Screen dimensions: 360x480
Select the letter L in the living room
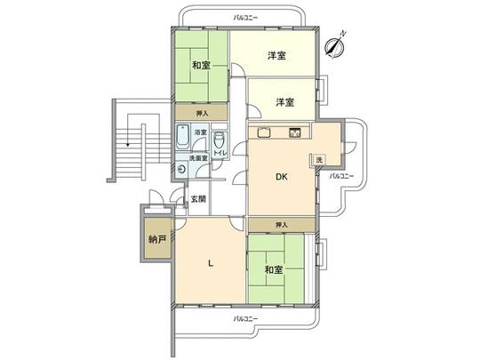coord(210,262)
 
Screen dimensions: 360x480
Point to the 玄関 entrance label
coord(198,200)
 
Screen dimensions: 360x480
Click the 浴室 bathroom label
coord(201,132)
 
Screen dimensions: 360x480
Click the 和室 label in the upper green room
coord(200,65)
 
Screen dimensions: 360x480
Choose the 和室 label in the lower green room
coord(274,268)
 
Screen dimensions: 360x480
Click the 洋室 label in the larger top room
coord(276,56)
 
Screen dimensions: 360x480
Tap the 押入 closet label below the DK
coord(282,225)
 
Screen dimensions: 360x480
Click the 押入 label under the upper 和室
coord(202,114)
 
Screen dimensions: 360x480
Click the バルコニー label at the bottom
coord(246,317)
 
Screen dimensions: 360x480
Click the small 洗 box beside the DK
coord(317,159)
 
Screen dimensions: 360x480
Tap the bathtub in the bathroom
coord(182,137)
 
